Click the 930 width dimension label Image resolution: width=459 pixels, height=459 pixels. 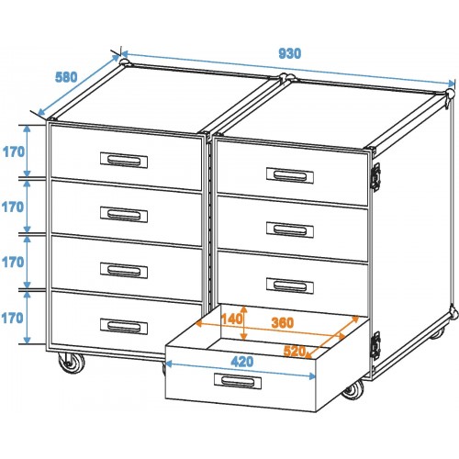[x=289, y=53]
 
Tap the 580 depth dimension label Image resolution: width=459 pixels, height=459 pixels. [x=66, y=77]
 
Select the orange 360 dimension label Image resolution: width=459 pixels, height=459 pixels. [x=283, y=323]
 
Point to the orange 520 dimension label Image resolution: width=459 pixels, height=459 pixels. [x=295, y=351]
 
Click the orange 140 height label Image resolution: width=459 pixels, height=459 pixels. [x=232, y=319]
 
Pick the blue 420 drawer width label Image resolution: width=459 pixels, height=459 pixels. [x=242, y=362]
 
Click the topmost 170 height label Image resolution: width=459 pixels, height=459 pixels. [x=14, y=151]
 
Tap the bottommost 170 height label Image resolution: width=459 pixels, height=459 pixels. [x=13, y=319]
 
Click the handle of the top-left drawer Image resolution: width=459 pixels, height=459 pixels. [x=124, y=161]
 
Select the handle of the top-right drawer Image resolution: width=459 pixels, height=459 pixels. [x=290, y=175]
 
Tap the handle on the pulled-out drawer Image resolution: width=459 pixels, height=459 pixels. [x=238, y=381]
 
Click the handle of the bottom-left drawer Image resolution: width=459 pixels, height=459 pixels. [x=124, y=327]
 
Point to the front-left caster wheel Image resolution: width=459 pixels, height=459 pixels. [x=72, y=363]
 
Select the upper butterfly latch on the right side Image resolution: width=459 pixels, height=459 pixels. [x=375, y=176]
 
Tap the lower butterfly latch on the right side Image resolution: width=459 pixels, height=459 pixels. [x=375, y=346]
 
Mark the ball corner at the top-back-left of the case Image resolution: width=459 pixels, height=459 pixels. [x=124, y=62]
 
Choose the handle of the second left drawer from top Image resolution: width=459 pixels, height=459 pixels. [x=124, y=215]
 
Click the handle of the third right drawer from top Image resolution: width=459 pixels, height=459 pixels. [x=290, y=285]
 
